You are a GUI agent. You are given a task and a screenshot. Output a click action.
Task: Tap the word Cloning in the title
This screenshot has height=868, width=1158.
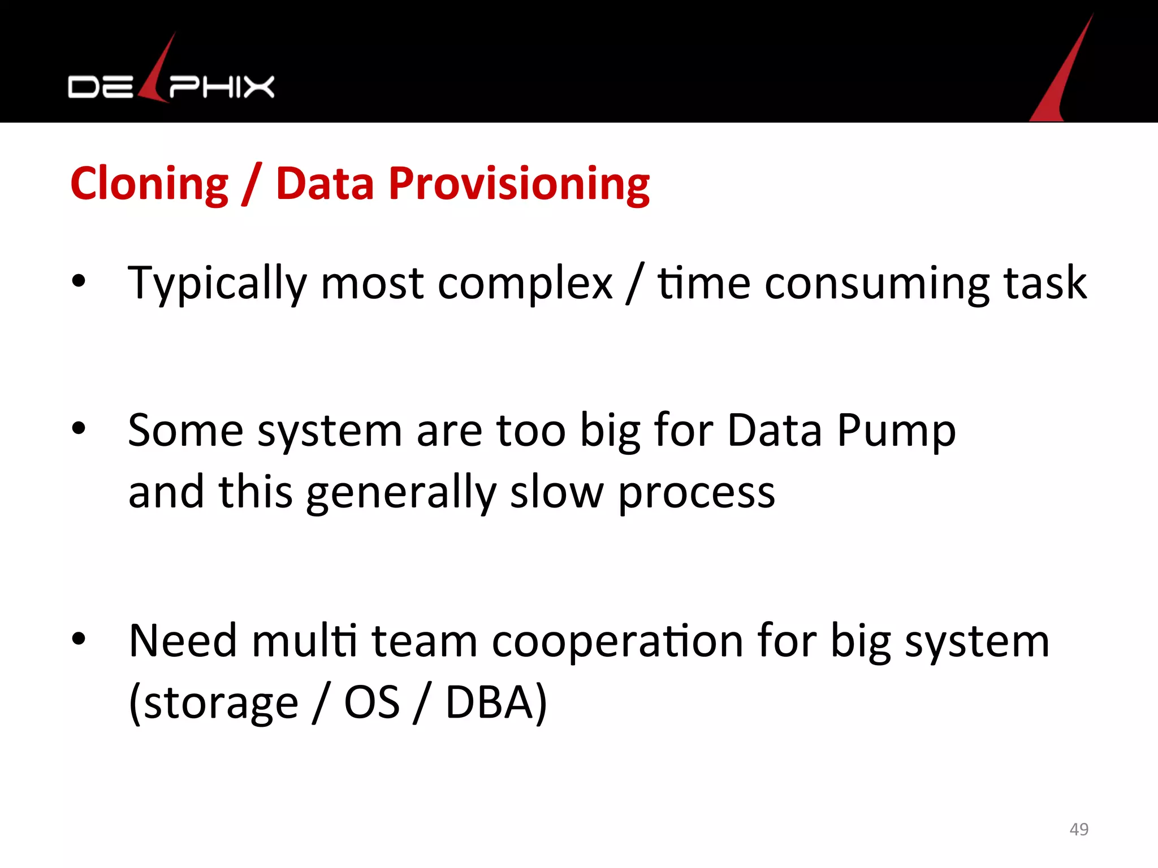click(x=149, y=184)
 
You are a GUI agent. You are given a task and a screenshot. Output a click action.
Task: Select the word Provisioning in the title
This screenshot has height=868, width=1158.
click(x=518, y=185)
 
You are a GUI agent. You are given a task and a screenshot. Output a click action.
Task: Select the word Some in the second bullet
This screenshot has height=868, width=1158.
click(x=185, y=431)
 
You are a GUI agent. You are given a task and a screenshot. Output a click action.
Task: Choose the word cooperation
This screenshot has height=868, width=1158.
click(x=617, y=642)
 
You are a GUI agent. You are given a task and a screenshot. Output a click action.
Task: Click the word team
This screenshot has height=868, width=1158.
click(x=424, y=641)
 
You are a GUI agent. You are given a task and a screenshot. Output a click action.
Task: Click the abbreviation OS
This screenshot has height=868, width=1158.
click(x=371, y=702)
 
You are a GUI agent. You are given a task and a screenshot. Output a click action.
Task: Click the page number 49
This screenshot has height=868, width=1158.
click(x=1079, y=829)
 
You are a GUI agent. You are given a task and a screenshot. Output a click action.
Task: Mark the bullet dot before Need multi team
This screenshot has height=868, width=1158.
click(x=79, y=639)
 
